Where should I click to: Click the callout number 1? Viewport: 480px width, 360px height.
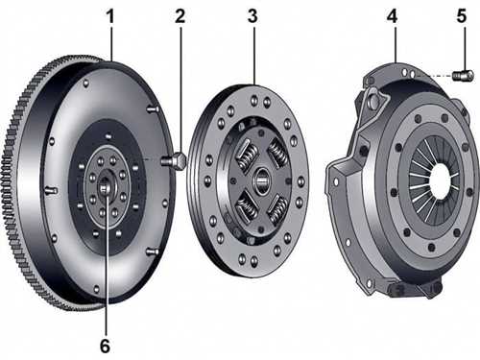point(110,16)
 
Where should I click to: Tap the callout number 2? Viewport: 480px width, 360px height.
point(180,16)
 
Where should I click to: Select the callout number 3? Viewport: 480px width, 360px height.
point(252,16)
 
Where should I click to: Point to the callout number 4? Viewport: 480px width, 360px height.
point(393,16)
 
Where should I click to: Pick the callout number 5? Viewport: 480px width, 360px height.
point(462,16)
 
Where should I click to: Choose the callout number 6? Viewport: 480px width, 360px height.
point(106,346)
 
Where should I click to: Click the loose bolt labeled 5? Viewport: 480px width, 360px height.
point(464,76)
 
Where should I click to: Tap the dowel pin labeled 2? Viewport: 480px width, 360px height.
point(174,160)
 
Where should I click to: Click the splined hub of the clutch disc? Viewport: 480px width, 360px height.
point(262,180)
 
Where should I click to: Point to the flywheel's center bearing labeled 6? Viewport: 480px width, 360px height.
point(105,186)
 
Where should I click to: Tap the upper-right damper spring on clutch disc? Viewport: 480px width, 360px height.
point(277,153)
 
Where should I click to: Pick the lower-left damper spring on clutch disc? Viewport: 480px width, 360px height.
point(247,208)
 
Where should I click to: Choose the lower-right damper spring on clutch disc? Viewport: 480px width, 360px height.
point(277,210)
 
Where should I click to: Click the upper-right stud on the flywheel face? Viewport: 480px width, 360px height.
point(153,109)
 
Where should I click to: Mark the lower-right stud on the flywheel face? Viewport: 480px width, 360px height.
point(153,252)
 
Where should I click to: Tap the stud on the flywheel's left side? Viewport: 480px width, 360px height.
point(51,190)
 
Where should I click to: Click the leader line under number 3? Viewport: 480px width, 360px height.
point(254,56)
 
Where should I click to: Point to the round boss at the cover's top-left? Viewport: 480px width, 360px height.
point(373,100)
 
